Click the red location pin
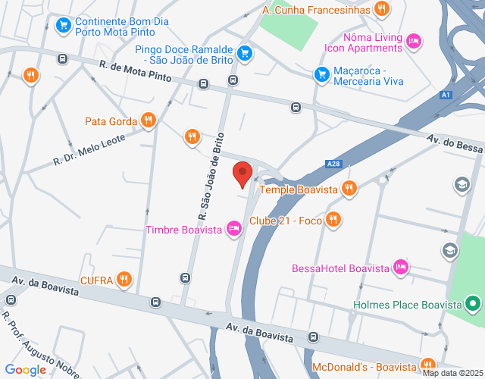(242, 173)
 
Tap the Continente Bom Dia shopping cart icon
(64, 25)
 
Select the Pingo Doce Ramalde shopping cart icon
(244, 52)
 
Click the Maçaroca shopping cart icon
(322, 74)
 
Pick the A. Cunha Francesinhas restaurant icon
(382, 10)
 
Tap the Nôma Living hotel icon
(413, 41)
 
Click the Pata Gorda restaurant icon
(149, 121)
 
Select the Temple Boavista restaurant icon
(349, 188)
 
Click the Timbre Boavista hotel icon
(234, 229)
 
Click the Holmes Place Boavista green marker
(474, 305)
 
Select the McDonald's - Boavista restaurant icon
(428, 365)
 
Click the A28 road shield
(333, 164)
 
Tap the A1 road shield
(446, 95)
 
